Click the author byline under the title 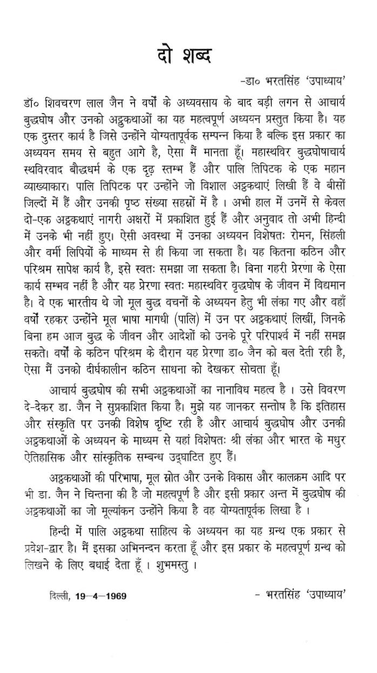pos(300,81)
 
